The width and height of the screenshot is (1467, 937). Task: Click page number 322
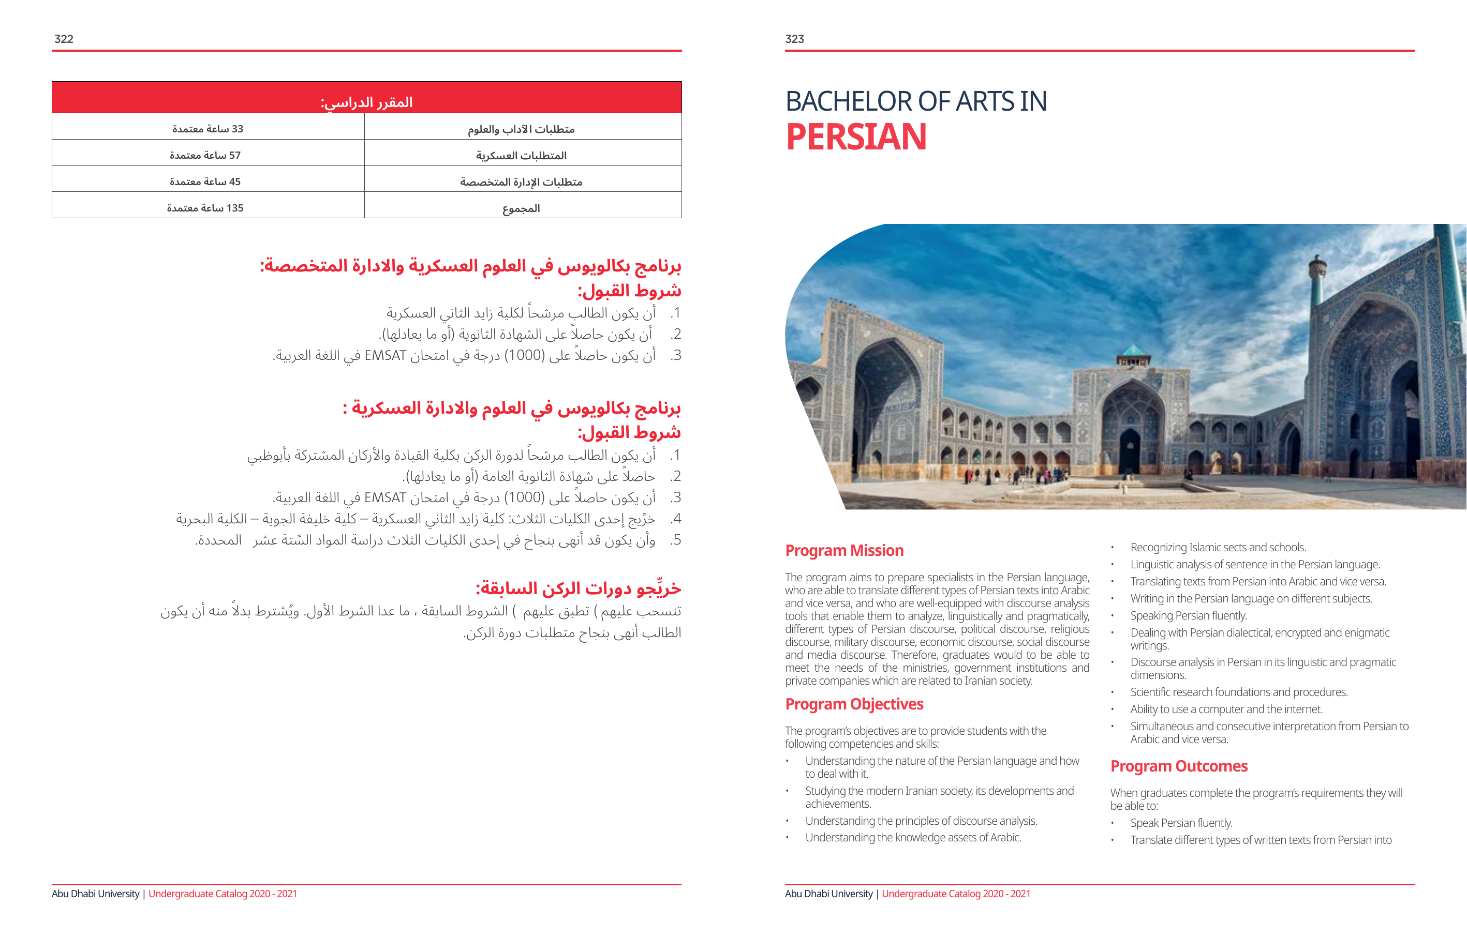64,39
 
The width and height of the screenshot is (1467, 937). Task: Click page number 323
794,39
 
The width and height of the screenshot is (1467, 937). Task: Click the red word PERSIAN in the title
856,137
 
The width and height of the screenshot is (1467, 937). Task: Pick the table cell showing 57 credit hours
205,155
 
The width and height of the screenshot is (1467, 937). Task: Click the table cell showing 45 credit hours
205,182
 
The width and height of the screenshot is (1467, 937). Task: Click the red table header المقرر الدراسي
367,102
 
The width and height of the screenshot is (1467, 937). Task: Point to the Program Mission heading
844,550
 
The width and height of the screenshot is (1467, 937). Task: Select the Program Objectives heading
853,704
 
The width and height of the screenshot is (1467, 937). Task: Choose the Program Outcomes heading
1178,766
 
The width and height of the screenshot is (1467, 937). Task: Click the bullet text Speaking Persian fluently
1188,615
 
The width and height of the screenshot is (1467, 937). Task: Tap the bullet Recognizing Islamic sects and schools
1218,547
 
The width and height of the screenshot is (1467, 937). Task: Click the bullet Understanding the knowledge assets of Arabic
913,837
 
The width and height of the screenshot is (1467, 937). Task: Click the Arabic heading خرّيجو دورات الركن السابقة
578,589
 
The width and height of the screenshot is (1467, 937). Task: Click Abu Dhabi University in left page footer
96,894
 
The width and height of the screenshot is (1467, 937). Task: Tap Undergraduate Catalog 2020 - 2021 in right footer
955,894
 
